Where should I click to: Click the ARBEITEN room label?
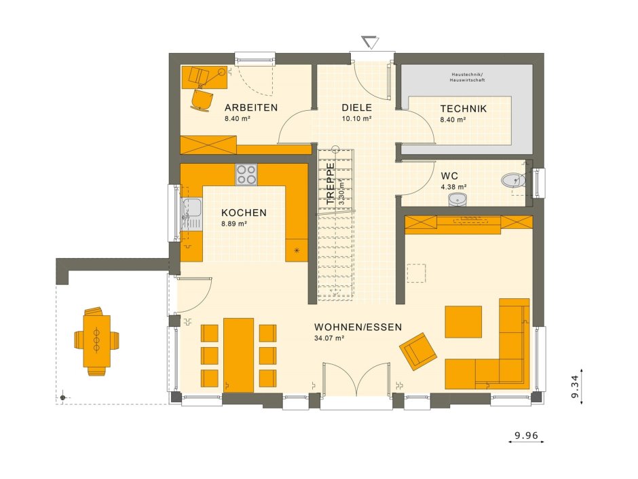pos(251,107)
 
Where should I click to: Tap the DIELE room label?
pos(357,107)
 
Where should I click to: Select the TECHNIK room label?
pos(464,109)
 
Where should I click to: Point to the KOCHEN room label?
pos(244,213)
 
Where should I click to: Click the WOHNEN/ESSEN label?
pos(358,327)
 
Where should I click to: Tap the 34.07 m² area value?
pos(330,338)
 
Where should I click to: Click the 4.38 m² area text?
pos(453,187)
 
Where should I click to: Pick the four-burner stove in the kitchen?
pos(246,175)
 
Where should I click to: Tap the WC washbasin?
pos(457,199)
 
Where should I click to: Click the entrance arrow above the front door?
pos(370,42)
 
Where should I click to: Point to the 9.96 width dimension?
pos(526,436)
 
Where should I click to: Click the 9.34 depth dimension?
pos(574,386)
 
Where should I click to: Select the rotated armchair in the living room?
pos(418,351)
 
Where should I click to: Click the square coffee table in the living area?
pos(463,322)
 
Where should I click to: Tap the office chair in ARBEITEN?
pos(202,100)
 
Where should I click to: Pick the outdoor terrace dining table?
pos(96,340)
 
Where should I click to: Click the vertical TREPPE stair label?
pos(331,183)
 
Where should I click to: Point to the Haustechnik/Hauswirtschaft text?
pos(467,77)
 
